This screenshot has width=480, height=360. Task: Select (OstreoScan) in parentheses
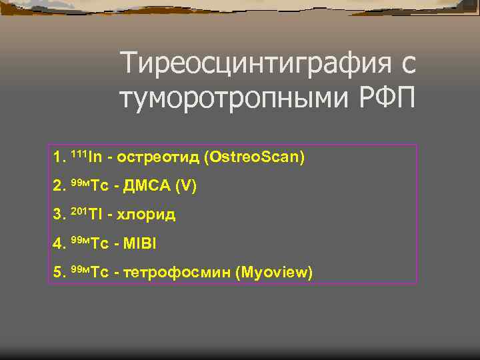pyautogui.click(x=255, y=157)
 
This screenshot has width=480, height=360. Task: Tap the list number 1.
pyautogui.click(x=57, y=157)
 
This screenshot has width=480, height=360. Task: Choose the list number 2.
pyautogui.click(x=57, y=186)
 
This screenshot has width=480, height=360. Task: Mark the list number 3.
pyautogui.click(x=57, y=215)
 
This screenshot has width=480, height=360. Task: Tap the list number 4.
pyautogui.click(x=57, y=243)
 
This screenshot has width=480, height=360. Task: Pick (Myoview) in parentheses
pyautogui.click(x=274, y=272)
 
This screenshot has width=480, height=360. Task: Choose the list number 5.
pyautogui.click(x=57, y=272)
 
